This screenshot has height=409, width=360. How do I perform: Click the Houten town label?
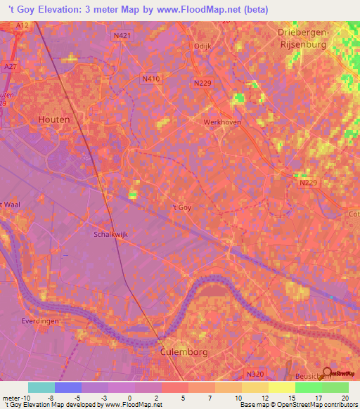pos(54,119)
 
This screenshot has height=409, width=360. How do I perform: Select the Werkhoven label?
pos(221,122)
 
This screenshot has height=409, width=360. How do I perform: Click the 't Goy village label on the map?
pos(181,207)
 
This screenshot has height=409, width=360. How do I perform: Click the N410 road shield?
pos(151,79)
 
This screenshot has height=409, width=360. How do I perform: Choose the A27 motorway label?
pos(10,65)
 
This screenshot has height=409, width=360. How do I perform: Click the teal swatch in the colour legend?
pos(41,387)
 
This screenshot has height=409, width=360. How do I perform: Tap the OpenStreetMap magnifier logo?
pos(327,372)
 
